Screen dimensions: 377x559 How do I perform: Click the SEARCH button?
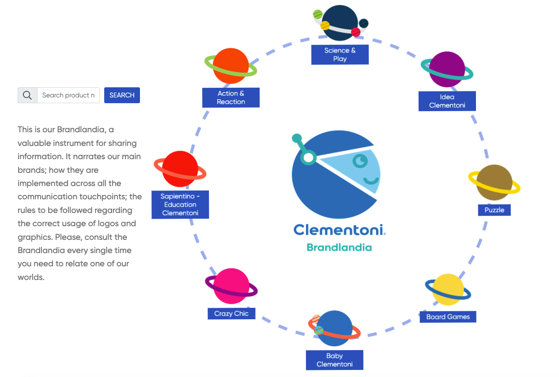pyautogui.click(x=122, y=95)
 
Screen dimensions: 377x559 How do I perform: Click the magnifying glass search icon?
pyautogui.click(x=27, y=95)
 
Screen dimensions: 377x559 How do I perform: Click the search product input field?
pyautogui.click(x=68, y=95)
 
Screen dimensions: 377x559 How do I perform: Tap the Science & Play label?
pyautogui.click(x=340, y=54)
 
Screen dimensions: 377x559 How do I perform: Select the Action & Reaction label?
pyautogui.click(x=230, y=97)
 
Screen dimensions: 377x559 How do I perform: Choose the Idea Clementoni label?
pyautogui.click(x=447, y=101)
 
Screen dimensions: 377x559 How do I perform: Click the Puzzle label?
pyautogui.click(x=494, y=210)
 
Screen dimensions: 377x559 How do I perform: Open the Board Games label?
pyautogui.click(x=448, y=317)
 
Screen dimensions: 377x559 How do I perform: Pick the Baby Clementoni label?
pyautogui.click(x=334, y=360)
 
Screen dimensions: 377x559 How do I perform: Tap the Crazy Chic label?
pyautogui.click(x=231, y=314)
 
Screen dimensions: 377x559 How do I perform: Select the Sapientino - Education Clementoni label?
pyautogui.click(x=180, y=205)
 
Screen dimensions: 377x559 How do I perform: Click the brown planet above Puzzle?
pyautogui.click(x=494, y=183)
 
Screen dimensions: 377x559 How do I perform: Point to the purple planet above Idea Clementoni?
pyautogui.click(x=447, y=69)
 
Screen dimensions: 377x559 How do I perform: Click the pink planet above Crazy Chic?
pyautogui.click(x=231, y=286)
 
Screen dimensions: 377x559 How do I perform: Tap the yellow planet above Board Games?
pyautogui.click(x=448, y=290)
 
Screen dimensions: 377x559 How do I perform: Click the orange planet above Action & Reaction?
pyautogui.click(x=230, y=66)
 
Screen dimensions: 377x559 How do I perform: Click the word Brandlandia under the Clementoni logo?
pyautogui.click(x=339, y=247)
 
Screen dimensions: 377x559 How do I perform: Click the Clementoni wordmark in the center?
pyautogui.click(x=339, y=230)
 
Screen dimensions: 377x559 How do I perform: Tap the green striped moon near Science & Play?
pyautogui.click(x=317, y=14)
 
